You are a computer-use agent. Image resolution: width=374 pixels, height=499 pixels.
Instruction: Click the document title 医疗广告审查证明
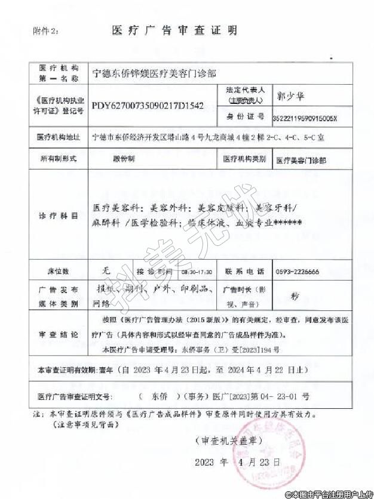[x=174, y=30]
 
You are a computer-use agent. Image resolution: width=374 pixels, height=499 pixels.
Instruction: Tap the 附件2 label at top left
[x=47, y=30]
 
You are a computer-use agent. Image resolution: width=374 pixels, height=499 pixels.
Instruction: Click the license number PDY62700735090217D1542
[x=148, y=105]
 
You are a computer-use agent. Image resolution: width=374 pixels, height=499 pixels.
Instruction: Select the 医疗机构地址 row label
[x=58, y=137]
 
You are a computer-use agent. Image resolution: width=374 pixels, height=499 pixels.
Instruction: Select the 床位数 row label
[x=58, y=271]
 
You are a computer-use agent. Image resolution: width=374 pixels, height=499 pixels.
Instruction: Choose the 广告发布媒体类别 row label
[x=58, y=296]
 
